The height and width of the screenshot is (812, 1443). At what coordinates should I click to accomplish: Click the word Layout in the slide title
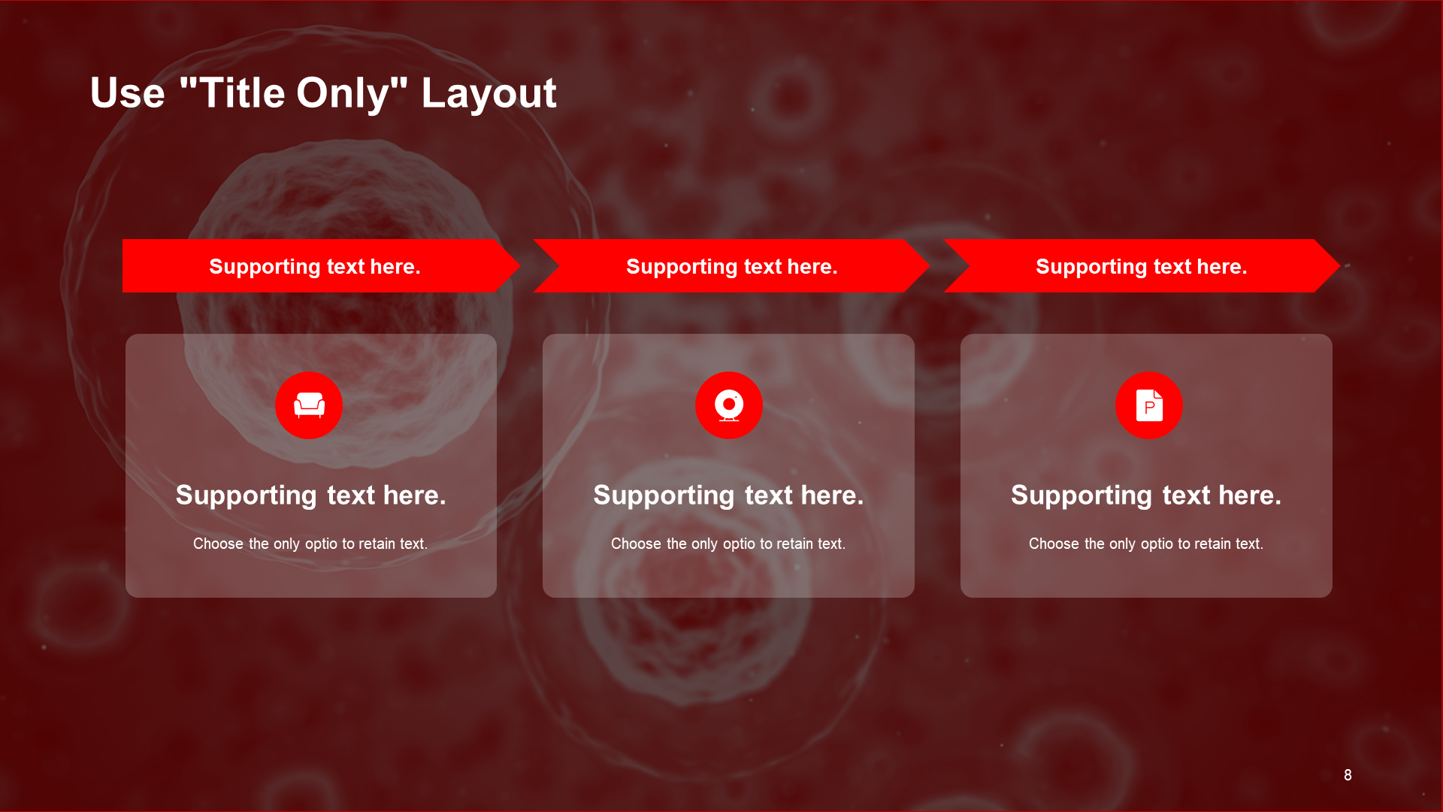pos(489,94)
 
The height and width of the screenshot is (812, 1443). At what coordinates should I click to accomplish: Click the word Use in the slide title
pos(127,93)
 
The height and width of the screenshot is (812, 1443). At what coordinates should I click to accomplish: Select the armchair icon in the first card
pos(309,404)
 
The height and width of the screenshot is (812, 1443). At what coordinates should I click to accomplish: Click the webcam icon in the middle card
pos(729,405)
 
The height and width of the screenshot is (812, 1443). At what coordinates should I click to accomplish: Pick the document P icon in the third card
pos(1149,405)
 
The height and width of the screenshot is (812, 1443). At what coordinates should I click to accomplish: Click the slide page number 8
pos(1348,775)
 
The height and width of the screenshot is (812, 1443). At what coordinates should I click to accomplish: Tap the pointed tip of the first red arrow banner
pos(520,265)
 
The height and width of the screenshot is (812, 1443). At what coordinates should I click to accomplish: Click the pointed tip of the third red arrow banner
pos(1340,265)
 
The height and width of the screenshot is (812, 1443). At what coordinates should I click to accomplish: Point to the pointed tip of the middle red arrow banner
pos(930,265)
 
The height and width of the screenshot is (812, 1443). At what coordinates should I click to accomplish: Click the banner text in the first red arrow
pos(314,267)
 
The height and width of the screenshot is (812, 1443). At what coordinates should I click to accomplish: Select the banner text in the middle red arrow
pos(731,267)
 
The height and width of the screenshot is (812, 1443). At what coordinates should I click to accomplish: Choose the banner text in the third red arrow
pos(1141,267)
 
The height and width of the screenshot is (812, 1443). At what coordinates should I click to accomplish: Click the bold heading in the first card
pos(310,495)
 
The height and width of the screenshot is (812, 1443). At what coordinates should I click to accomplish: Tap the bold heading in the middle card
pos(728,495)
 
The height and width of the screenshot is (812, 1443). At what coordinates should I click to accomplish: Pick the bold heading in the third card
pos(1146,495)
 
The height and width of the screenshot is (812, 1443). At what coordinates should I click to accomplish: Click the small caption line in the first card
pos(310,544)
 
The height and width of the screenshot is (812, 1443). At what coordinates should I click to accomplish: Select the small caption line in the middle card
pos(728,544)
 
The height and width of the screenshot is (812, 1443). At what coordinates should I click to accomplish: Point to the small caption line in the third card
pos(1146,544)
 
